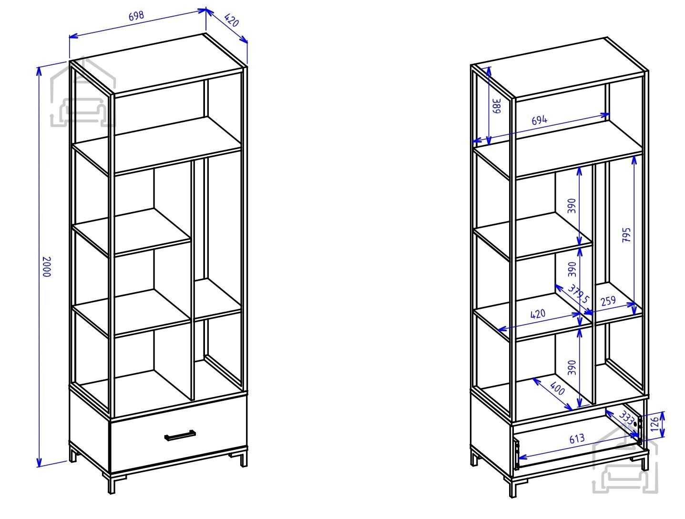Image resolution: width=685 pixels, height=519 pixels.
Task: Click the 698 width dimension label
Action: pyautogui.click(x=136, y=16)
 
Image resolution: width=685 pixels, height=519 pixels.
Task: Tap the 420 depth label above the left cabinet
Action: pyautogui.click(x=231, y=20)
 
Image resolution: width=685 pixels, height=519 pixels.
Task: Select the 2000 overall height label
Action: pyautogui.click(x=47, y=267)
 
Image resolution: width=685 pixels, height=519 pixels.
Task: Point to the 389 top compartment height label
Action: pyautogui.click(x=497, y=106)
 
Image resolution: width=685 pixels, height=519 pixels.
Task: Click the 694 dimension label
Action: pyautogui.click(x=539, y=120)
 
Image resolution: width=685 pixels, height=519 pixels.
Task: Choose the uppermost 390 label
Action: pyautogui.click(x=572, y=206)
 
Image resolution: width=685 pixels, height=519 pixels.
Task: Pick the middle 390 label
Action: pyautogui.click(x=572, y=269)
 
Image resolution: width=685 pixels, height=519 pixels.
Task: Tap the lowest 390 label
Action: pyautogui.click(x=572, y=367)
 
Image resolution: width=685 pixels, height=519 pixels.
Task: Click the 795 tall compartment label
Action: pyautogui.click(x=626, y=235)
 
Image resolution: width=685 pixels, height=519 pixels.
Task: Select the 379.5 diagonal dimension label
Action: pyautogui.click(x=578, y=294)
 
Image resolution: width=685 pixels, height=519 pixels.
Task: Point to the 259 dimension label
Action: pyautogui.click(x=608, y=301)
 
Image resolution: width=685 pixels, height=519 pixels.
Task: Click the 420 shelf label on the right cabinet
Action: pyautogui.click(x=538, y=314)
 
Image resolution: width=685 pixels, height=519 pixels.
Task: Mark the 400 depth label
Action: pyautogui.click(x=557, y=388)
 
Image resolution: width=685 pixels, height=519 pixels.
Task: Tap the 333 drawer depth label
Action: pyautogui.click(x=626, y=417)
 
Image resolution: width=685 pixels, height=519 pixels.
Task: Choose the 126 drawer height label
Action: pyautogui.click(x=654, y=424)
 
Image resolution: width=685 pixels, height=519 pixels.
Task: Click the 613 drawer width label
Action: pyautogui.click(x=577, y=438)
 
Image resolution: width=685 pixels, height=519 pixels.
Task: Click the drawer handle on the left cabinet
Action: pyautogui.click(x=180, y=436)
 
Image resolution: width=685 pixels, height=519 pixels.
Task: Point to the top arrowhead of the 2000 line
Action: pyautogui.click(x=39, y=71)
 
